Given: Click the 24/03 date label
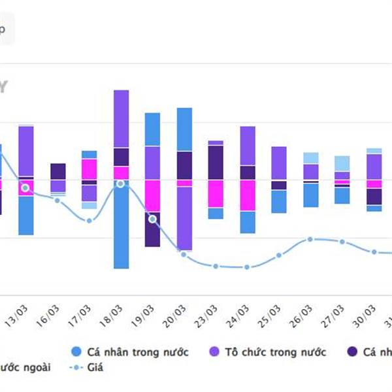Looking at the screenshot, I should [241, 316].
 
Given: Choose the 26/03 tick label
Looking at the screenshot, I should [305, 316].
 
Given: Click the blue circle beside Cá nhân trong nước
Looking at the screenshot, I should [76, 352].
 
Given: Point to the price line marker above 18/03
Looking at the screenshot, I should [120, 184].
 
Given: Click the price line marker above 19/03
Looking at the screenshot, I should [153, 219].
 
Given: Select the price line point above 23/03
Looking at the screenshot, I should [216, 266].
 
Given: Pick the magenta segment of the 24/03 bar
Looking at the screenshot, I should [248, 195].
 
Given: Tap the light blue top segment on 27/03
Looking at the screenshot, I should [342, 163].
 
